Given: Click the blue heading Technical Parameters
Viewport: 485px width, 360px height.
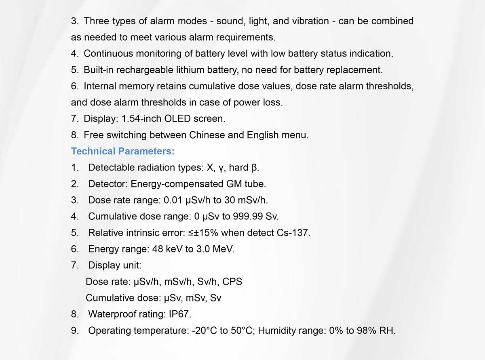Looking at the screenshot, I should click(122, 151).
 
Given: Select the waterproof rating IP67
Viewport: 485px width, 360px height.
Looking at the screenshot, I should click(180, 314).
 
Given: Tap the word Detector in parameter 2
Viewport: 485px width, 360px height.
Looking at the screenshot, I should click(108, 184).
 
